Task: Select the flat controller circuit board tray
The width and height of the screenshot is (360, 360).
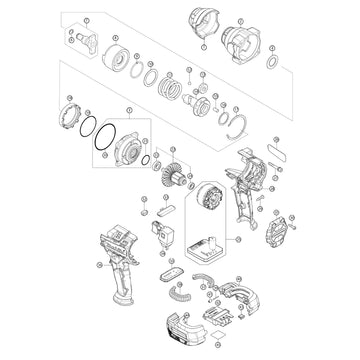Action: pyautogui.click(x=210, y=247)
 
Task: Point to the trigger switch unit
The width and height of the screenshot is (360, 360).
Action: pyautogui.click(x=161, y=240)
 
